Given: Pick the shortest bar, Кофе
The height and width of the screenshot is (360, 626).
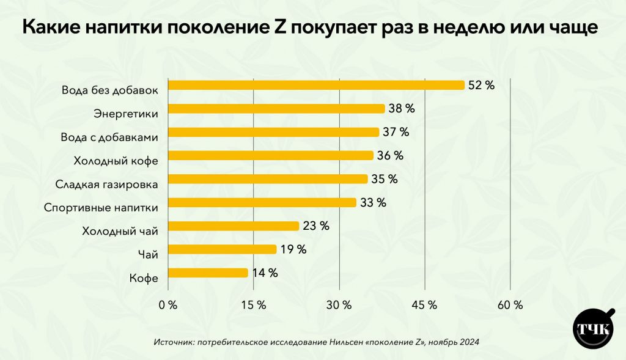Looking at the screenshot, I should pyautogui.click(x=208, y=273).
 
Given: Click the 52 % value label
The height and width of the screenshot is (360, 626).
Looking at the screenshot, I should pyautogui.click(x=481, y=86).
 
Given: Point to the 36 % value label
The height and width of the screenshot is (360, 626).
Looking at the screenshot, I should pyautogui.click(x=390, y=156).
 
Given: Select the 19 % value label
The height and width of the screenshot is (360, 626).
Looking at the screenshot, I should pyautogui.click(x=293, y=249).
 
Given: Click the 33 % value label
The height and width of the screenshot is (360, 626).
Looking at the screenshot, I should pyautogui.click(x=373, y=203).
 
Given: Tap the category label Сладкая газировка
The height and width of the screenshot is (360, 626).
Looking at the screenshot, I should pyautogui.click(x=107, y=184).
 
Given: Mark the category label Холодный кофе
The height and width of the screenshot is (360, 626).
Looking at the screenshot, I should pyautogui.click(x=116, y=161).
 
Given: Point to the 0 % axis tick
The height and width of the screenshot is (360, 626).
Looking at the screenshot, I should pyautogui.click(x=168, y=305).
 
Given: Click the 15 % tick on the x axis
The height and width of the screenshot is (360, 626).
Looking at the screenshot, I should pyautogui.click(x=253, y=305).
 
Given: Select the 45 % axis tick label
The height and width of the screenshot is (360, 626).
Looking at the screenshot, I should pyautogui.click(x=424, y=305).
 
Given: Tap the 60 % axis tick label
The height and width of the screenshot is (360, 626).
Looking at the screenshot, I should pyautogui.click(x=510, y=305).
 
